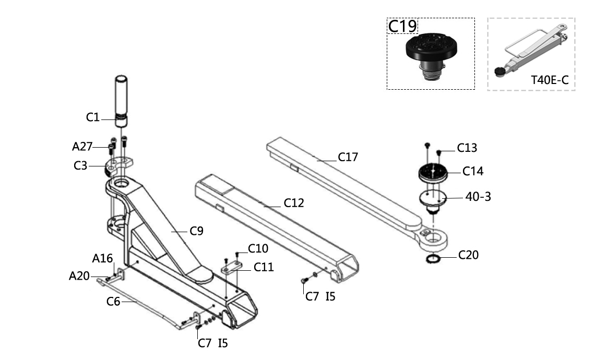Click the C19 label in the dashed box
pyautogui.click(x=402, y=26)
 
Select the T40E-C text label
pyautogui.click(x=550, y=80)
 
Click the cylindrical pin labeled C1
pyautogui.click(x=122, y=101)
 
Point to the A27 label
pyautogui.click(x=82, y=147)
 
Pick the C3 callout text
pyautogui.click(x=80, y=166)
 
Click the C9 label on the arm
pyautogui.click(x=197, y=231)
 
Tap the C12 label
pyautogui.click(x=294, y=203)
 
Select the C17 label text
pyautogui.click(x=348, y=157)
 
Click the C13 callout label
pyautogui.click(x=467, y=148)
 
